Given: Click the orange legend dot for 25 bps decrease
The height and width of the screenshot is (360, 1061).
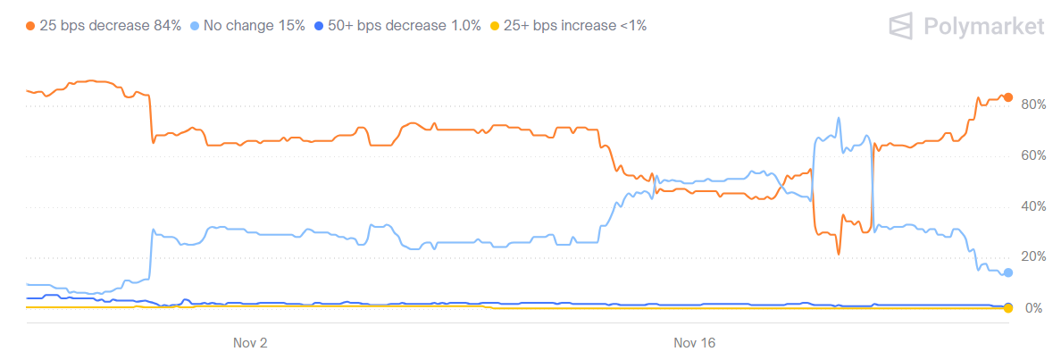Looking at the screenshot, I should coord(31,26).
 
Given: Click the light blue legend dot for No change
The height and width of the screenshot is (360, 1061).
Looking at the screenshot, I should coord(196,26).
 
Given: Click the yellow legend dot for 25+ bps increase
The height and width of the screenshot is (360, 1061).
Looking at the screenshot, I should coord(496,26).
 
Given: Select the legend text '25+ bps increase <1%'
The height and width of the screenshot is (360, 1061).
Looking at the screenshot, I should coord(575,26).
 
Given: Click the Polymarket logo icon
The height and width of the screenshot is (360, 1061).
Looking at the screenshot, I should coord(903,26).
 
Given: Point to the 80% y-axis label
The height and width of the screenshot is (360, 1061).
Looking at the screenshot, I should coord(1033,105).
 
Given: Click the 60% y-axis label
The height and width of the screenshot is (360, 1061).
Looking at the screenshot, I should coord(1033,155).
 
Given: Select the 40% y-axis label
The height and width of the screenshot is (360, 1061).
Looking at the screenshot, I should coord(1033,206).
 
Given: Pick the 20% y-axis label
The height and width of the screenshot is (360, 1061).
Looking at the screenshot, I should coord(1033,257).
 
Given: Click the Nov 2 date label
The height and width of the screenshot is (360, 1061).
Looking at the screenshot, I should coord(250,342).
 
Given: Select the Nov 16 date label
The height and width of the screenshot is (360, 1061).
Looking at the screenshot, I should coord(695,342).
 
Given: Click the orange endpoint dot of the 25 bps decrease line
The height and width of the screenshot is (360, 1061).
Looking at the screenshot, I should coord(1007,97).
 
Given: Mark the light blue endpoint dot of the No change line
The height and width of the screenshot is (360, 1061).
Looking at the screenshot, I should coord(1007,272).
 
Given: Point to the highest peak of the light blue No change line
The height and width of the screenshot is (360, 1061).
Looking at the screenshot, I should coord(839,118).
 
